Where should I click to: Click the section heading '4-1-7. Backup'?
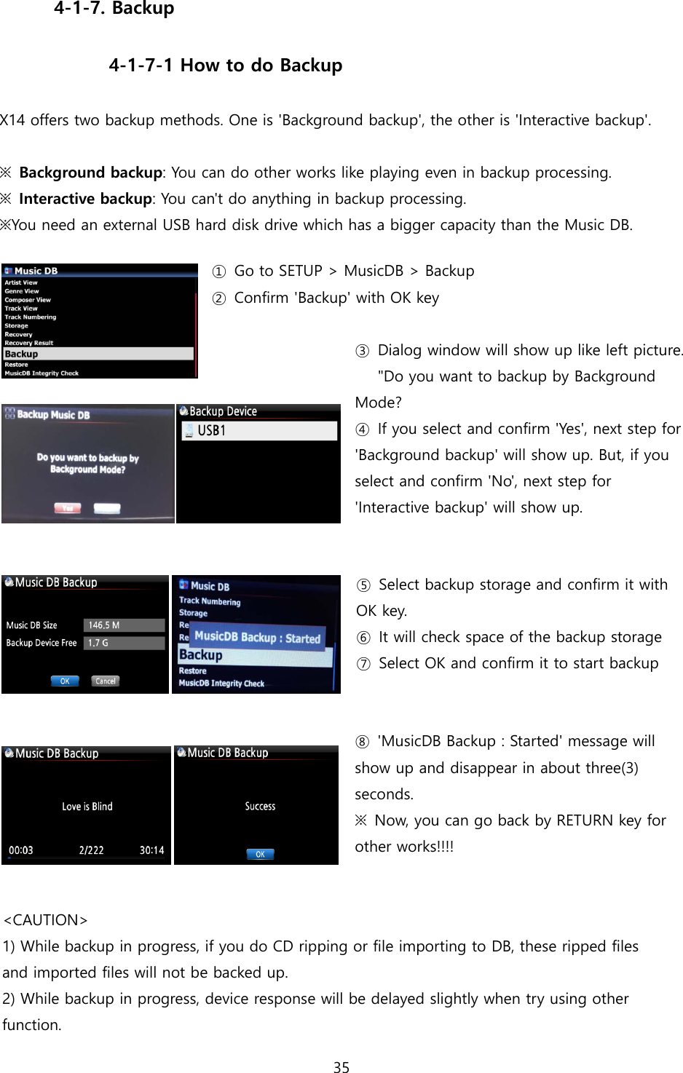coord(114,9)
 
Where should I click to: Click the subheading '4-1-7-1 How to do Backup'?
coord(225,66)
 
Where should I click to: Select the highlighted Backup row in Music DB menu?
coord(98,354)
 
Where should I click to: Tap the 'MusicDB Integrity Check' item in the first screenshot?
coord(42,373)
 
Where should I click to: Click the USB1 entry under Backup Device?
coord(258,431)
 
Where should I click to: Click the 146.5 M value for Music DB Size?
coord(125,625)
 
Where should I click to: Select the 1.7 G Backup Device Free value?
coord(125,643)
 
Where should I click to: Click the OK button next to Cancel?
coord(65,681)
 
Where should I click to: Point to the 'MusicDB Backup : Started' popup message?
coord(257,637)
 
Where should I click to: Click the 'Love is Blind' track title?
coord(87,807)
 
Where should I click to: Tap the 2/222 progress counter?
coord(91,850)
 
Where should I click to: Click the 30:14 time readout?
coord(151,850)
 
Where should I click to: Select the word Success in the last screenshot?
coord(260,807)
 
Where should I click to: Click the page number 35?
coord(341,1067)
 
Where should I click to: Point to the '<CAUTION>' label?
coord(46,920)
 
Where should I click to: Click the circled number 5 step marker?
coord(363,585)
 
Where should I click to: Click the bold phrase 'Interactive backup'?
coord(85,199)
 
